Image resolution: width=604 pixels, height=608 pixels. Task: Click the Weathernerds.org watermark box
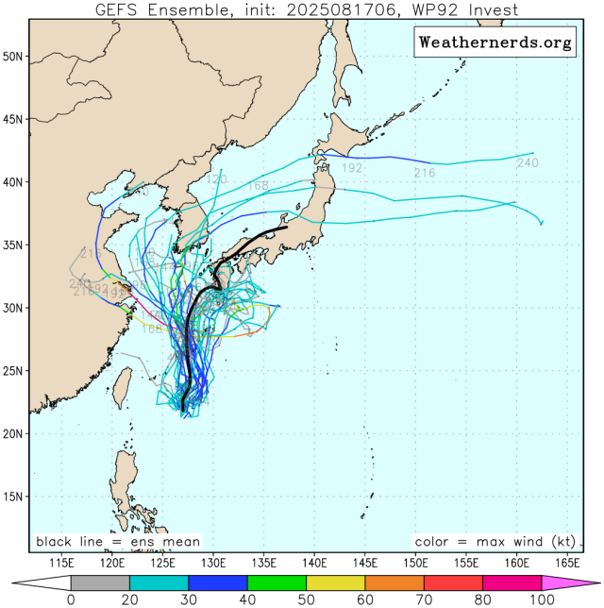tap(494, 42)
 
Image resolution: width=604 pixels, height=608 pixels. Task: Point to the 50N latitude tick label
tap(12, 56)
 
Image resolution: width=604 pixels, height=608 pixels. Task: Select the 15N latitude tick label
tap(12, 497)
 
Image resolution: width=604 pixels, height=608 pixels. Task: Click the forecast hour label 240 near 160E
tap(530, 164)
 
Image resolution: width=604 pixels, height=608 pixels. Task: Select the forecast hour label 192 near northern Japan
tap(352, 168)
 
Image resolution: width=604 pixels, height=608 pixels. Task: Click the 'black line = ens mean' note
tap(118, 542)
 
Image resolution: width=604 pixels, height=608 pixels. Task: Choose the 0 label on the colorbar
tap(71, 599)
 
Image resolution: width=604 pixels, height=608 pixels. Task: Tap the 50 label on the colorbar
tap(306, 599)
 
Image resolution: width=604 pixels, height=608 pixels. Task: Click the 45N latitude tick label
tap(12, 119)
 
